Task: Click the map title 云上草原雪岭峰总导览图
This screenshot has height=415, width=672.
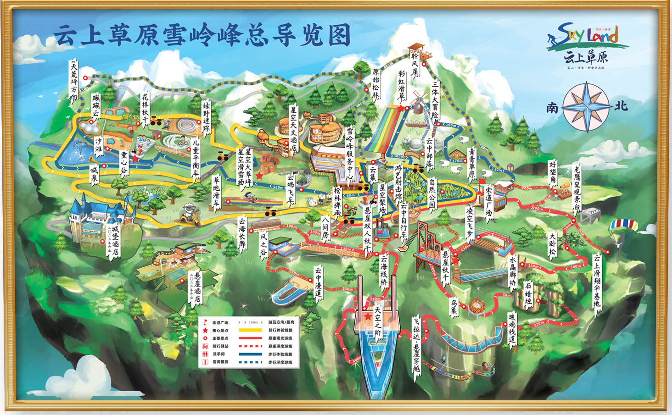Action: click(202, 35)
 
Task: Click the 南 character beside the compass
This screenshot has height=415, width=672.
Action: click(553, 107)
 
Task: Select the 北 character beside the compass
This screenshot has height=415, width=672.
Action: click(621, 106)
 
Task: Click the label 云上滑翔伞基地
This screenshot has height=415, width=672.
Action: click(596, 281)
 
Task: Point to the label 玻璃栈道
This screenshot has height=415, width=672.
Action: click(511, 328)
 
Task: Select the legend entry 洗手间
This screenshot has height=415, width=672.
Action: click(218, 354)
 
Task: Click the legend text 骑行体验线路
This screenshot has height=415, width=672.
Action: click(280, 330)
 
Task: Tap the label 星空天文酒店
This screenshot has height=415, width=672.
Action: click(293, 129)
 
